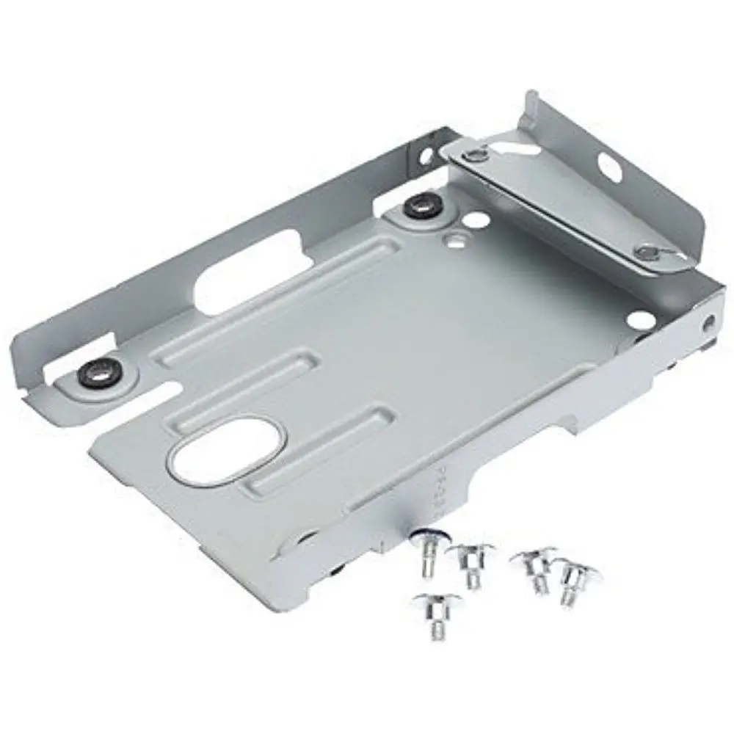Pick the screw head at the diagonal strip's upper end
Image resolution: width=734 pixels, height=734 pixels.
tap(478, 154)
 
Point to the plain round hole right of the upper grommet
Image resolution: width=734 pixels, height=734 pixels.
tap(478, 219)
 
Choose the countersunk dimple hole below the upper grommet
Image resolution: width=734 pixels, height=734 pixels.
tap(457, 237)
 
